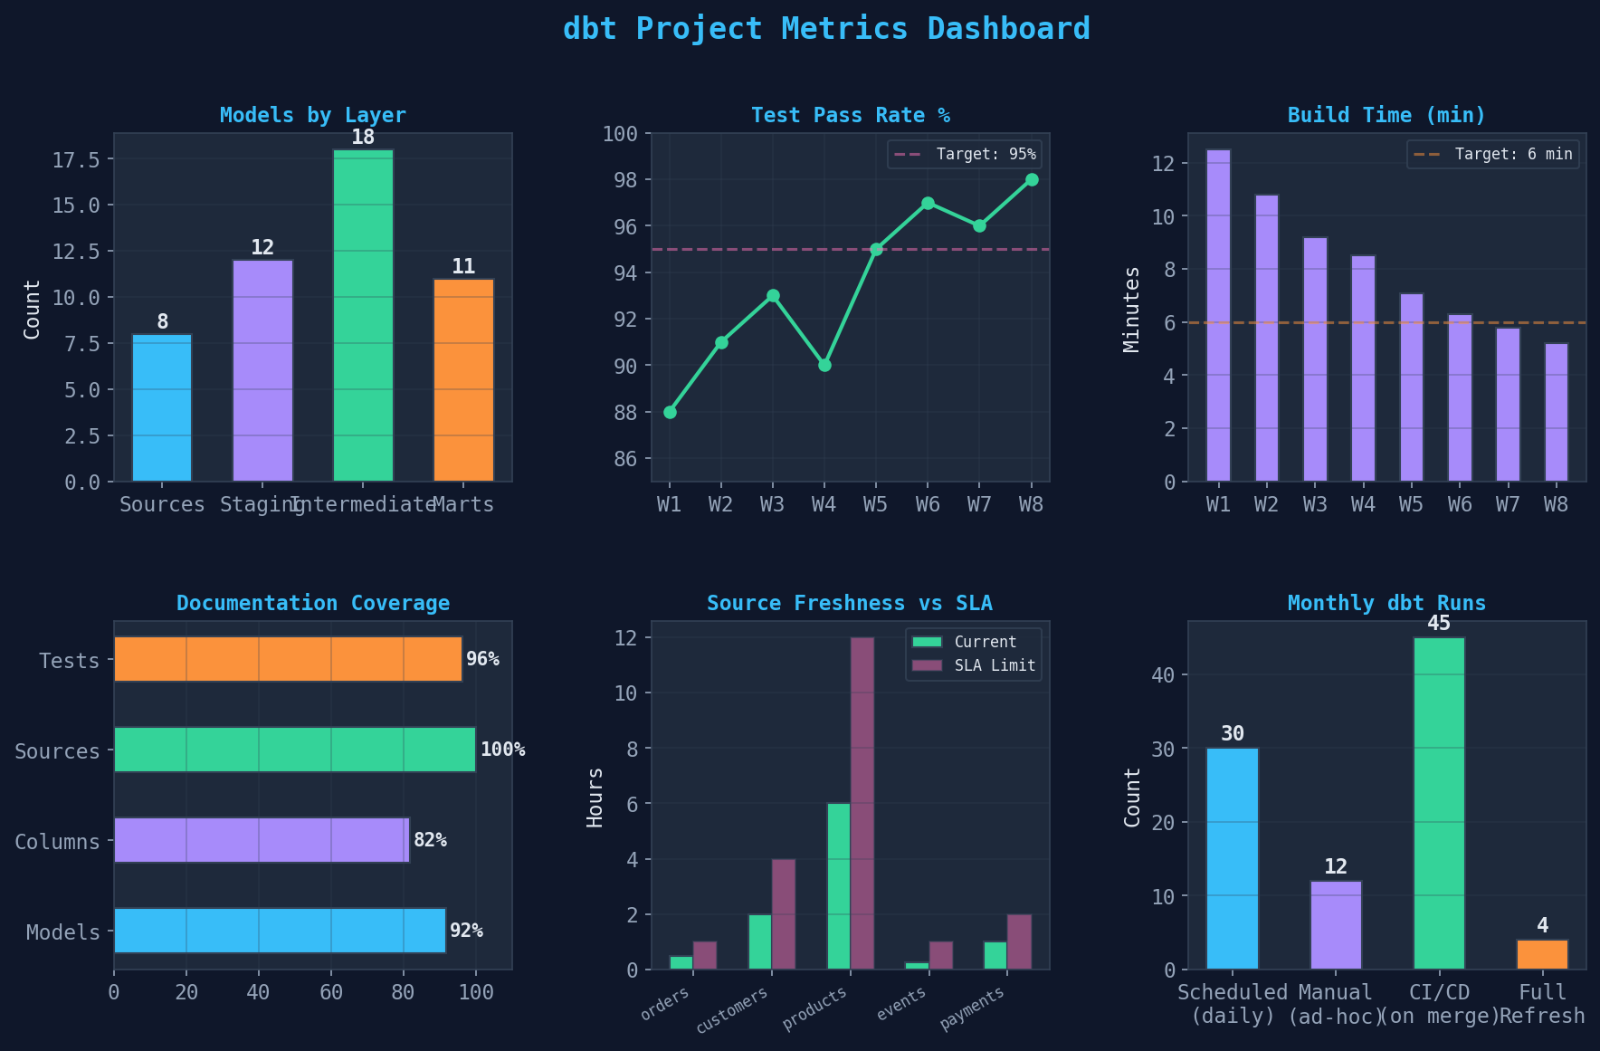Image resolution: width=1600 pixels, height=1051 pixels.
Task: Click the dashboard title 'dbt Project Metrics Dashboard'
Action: (826, 29)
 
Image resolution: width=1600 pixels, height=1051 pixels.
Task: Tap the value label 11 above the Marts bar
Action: (463, 266)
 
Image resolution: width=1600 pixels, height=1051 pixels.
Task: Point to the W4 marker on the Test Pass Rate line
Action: (824, 365)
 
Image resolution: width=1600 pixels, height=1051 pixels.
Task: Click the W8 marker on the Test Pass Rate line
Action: (1032, 179)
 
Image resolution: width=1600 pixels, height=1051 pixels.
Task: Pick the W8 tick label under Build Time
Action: (1556, 504)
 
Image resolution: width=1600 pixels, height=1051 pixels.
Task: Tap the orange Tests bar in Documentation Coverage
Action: (288, 659)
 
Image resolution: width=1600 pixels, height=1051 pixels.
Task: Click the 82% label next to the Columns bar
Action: (430, 840)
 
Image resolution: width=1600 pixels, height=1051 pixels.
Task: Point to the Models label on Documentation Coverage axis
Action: (62, 932)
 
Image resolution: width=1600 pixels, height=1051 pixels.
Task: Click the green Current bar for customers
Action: (760, 941)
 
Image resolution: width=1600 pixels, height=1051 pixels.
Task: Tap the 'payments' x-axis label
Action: (972, 1008)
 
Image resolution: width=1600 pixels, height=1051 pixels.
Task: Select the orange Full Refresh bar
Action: (1542, 954)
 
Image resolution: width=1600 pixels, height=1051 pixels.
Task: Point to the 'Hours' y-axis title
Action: (595, 798)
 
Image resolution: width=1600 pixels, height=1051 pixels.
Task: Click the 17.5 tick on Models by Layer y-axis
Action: (76, 159)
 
